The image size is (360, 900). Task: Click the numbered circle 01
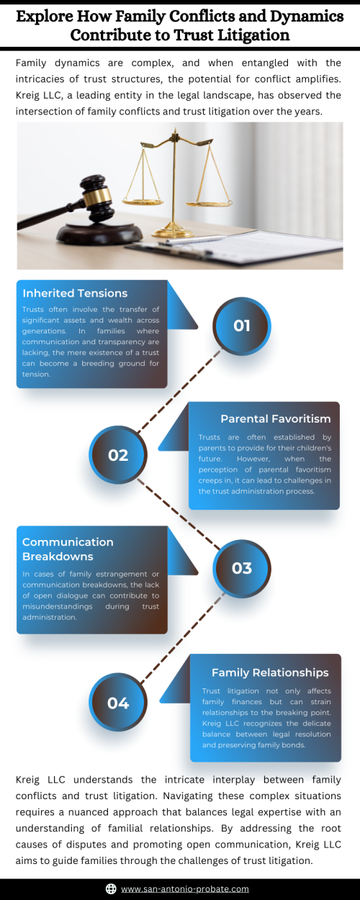pyautogui.click(x=242, y=326)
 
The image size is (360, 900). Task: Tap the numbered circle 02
pyautogui.click(x=118, y=455)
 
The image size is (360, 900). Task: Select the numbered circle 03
pyautogui.click(x=242, y=568)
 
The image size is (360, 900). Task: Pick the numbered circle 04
pyautogui.click(x=118, y=703)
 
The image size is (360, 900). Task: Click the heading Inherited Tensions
pyautogui.click(x=75, y=293)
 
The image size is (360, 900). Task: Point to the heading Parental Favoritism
pyautogui.click(x=276, y=418)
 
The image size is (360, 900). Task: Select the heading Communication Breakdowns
pyautogui.click(x=68, y=549)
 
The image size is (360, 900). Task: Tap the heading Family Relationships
pyautogui.click(x=270, y=672)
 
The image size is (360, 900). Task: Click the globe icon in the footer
pyautogui.click(x=111, y=888)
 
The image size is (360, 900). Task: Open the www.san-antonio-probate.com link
pyautogui.click(x=185, y=888)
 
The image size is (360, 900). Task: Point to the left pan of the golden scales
pyautogui.click(x=143, y=201)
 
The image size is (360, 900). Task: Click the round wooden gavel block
pyautogui.click(x=99, y=235)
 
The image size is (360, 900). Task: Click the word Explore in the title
pyautogui.click(x=45, y=17)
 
